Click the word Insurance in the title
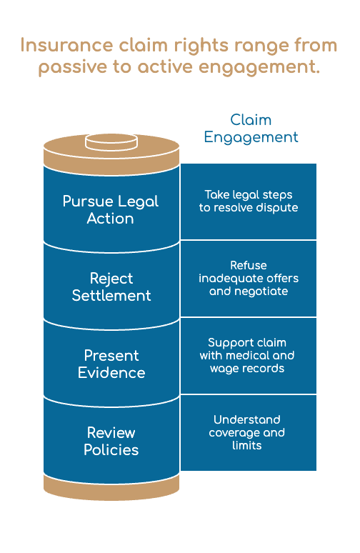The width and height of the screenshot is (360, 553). click(66, 45)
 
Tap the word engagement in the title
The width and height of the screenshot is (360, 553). click(259, 67)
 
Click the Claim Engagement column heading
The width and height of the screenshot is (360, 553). click(251, 129)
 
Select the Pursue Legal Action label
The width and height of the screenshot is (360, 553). click(111, 210)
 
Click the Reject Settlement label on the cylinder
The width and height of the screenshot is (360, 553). click(111, 287)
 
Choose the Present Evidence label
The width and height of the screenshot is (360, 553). click(111, 364)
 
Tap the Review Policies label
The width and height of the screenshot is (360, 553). click(111, 442)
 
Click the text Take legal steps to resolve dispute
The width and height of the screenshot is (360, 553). click(249, 201)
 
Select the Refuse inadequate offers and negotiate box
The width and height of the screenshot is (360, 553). click(249, 278)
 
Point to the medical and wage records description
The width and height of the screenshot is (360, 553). click(247, 356)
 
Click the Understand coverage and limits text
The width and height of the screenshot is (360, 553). click(247, 432)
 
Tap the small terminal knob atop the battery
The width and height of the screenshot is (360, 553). click(111, 141)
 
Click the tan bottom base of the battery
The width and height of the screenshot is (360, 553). click(111, 488)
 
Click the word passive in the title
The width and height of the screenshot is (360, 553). click(72, 67)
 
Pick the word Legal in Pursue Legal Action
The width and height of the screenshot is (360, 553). click(139, 201)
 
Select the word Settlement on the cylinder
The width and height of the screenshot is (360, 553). click(111, 296)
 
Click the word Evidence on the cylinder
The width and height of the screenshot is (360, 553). click(111, 373)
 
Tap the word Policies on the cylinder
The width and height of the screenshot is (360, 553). click(111, 450)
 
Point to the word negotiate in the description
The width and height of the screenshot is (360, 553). click(266, 292)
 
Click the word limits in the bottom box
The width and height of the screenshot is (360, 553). click(247, 445)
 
